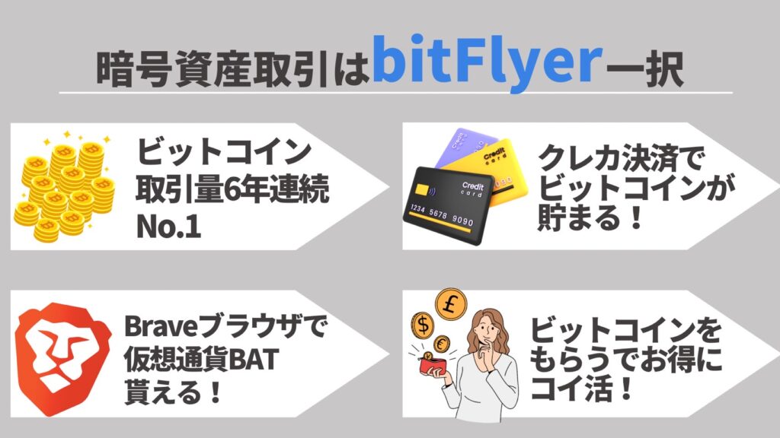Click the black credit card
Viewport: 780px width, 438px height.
point(448,205)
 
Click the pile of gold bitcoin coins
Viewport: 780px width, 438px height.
point(64,186)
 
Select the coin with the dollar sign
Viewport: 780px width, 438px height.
point(423,325)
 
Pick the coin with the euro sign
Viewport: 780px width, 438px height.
point(441,344)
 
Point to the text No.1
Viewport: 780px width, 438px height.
point(168,227)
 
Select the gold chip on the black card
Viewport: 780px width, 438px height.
point(423,189)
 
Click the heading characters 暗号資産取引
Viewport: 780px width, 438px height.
point(213,69)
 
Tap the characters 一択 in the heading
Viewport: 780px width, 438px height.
point(644,69)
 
